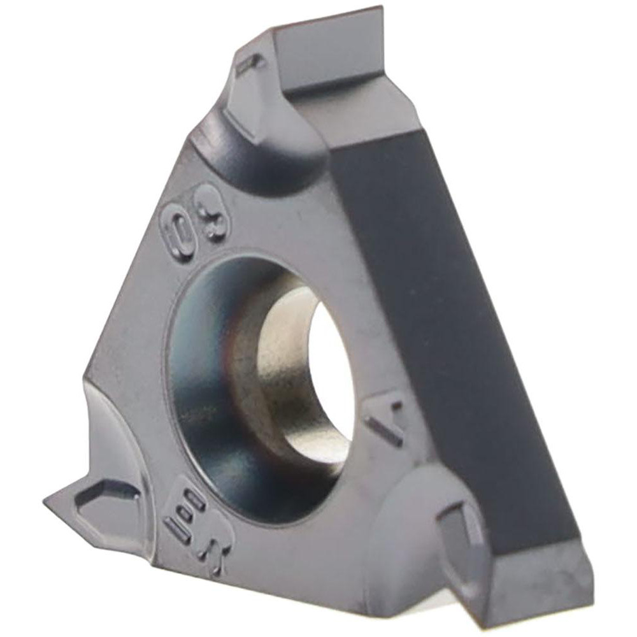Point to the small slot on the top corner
250,63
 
